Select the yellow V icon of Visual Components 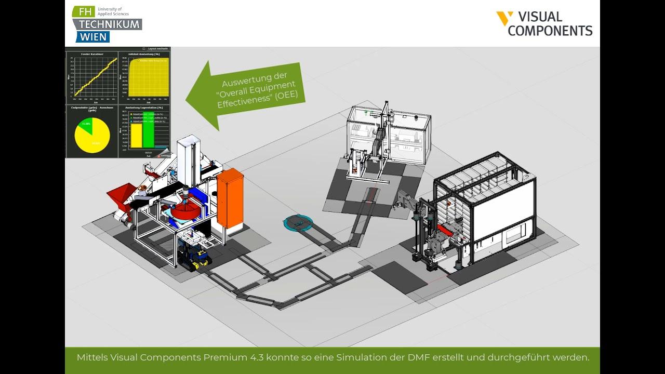[x=504, y=18]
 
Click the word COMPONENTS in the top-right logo [x=550, y=31]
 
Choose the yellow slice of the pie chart [x=94, y=138]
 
